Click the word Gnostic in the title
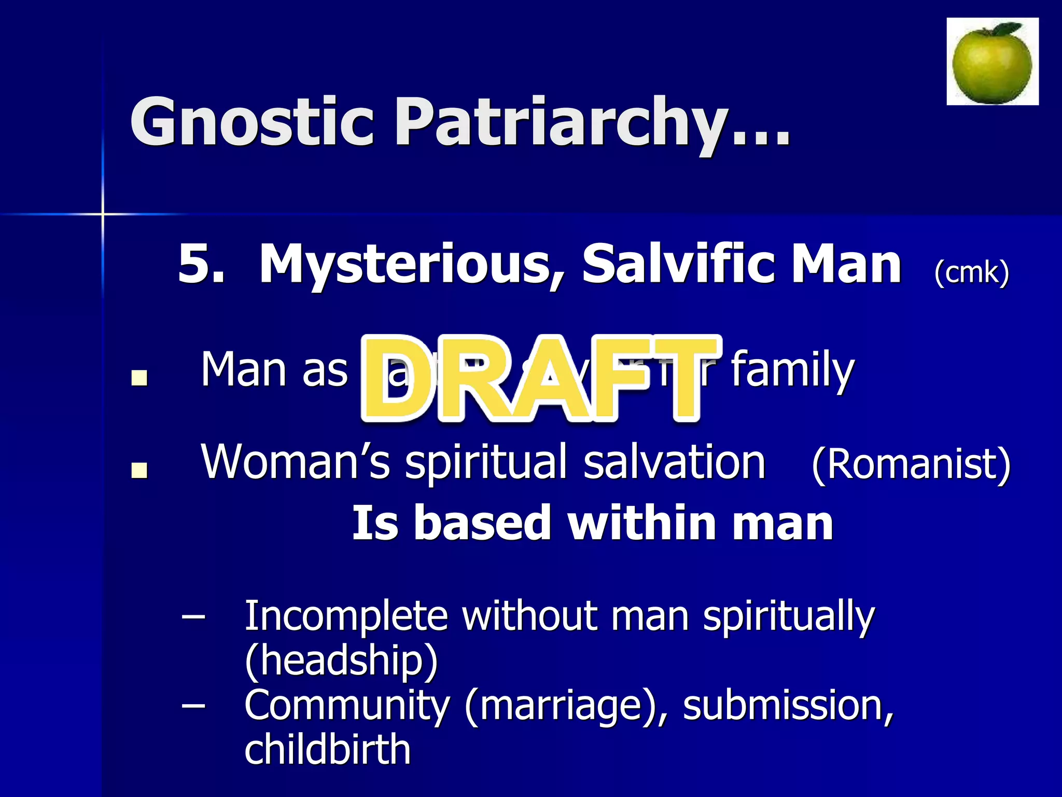point(251,122)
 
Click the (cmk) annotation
point(971,272)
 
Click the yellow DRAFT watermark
point(539,379)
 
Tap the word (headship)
point(341,661)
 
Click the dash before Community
point(193,706)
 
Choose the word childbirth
point(327,749)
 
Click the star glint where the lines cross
point(103,213)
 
